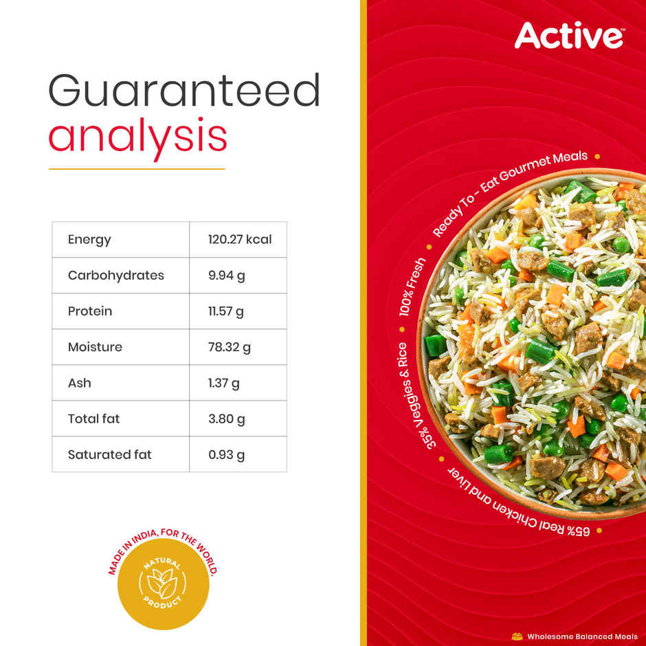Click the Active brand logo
(x=569, y=36)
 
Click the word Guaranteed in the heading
(x=184, y=91)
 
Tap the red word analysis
(x=137, y=136)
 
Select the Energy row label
(x=89, y=240)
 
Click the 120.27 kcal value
(x=240, y=240)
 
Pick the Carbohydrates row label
(x=115, y=276)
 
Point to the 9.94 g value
(x=226, y=276)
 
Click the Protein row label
(x=89, y=311)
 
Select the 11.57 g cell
(x=225, y=311)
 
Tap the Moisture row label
(x=95, y=347)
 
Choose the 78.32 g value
(x=229, y=347)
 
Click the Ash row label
(x=79, y=383)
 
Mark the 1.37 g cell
(x=223, y=383)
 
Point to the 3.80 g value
(x=226, y=419)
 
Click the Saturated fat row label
(x=109, y=454)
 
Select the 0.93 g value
(x=226, y=454)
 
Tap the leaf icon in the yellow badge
(x=163, y=583)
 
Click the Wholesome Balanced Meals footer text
(x=581, y=636)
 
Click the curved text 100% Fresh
(x=413, y=287)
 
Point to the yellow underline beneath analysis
(x=136, y=168)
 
